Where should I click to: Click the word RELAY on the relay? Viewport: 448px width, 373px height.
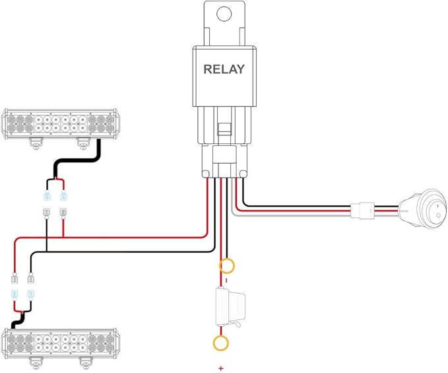224,69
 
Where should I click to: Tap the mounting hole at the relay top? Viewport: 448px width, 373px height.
224,14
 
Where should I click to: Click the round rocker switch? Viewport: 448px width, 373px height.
423,209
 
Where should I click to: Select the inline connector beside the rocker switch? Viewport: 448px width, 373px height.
362,211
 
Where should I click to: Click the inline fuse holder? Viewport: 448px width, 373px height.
231,307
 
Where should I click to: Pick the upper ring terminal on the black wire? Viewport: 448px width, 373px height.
227,266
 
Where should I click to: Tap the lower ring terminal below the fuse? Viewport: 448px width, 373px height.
221,343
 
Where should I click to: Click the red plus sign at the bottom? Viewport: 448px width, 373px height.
220,368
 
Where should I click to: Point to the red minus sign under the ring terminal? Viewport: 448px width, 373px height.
226,280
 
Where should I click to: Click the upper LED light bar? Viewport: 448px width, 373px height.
60,123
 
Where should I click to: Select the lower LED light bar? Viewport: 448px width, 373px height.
60,343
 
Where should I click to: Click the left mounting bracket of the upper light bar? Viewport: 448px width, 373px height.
36,143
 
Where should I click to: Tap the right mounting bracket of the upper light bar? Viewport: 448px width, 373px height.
84,143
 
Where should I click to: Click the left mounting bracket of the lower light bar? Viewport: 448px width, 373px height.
36,362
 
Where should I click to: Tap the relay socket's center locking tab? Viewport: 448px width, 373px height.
224,129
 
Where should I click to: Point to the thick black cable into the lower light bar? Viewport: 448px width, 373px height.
18,320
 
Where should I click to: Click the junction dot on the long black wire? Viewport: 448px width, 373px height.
46,252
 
